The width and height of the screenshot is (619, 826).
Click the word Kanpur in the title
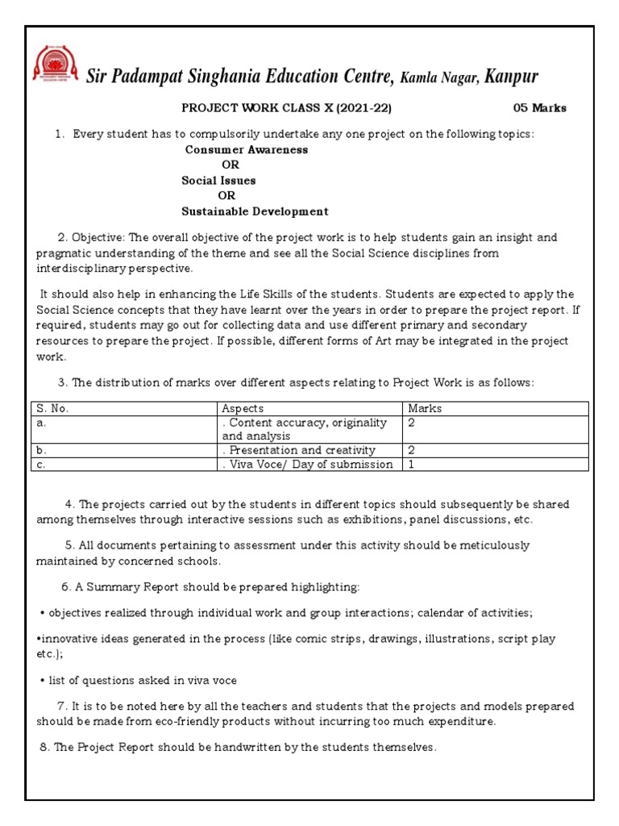coord(512,77)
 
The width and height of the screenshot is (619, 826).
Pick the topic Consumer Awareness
coord(246,150)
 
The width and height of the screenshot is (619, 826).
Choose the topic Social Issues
coord(218,181)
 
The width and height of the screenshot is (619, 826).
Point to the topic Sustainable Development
coord(255,211)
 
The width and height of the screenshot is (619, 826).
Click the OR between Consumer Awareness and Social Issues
coord(231,165)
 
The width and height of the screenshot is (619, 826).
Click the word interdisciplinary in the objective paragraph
coord(80,269)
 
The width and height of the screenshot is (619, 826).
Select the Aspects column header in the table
coord(242,409)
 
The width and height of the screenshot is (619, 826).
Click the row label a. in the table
coord(41,423)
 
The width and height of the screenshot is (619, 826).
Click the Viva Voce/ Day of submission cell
coord(309,464)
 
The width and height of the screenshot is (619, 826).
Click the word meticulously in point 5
coord(491,545)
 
